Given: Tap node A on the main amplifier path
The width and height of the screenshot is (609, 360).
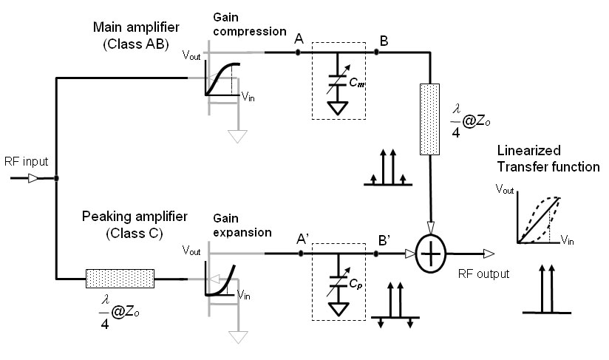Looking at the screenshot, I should point(298,52).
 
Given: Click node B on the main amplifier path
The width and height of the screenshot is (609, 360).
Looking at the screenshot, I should point(376,52).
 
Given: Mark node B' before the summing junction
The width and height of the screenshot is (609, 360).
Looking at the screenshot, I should point(377,254).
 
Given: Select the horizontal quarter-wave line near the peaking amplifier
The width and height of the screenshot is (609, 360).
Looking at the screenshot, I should point(120,279).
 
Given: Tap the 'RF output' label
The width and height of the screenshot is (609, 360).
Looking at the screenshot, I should point(483,274).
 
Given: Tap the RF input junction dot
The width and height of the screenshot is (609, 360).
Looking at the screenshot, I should point(57,178).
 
